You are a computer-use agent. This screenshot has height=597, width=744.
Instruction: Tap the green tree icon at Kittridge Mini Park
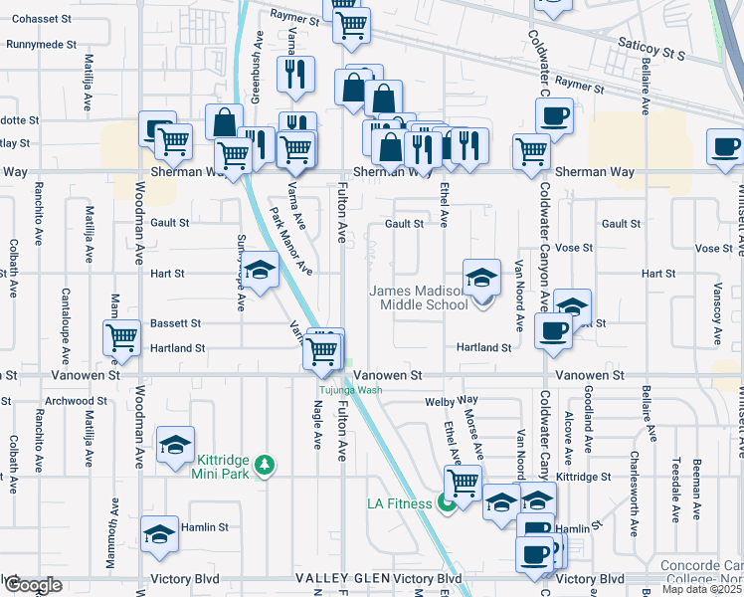coord(265,464)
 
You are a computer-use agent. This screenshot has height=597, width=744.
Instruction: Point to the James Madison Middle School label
coord(419,298)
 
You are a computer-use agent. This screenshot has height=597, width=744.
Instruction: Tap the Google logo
coord(32,585)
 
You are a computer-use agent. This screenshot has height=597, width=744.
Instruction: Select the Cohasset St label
coord(40,19)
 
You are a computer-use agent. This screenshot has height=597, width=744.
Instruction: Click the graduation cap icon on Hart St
coord(261,271)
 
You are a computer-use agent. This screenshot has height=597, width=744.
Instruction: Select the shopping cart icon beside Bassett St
coord(121,337)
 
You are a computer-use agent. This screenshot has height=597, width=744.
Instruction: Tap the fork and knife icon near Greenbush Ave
coord(295,73)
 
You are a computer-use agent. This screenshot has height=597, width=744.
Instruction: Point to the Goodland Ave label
coord(589,416)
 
